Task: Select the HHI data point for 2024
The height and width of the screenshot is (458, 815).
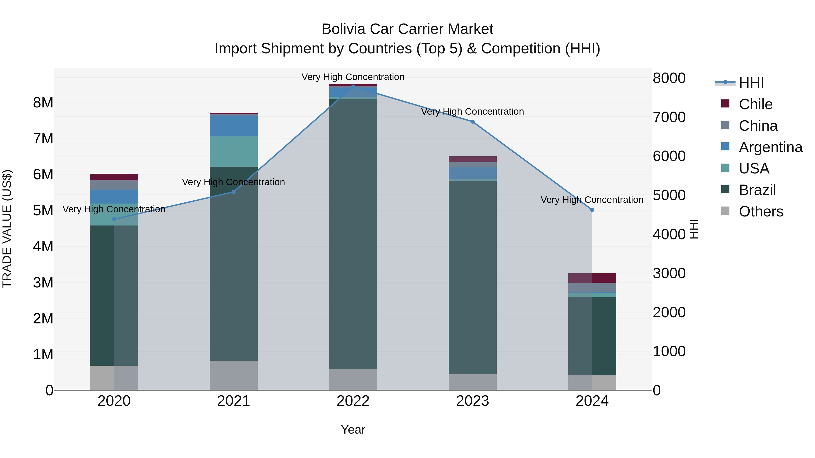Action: pyautogui.click(x=592, y=210)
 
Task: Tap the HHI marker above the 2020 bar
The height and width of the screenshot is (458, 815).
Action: pyautogui.click(x=114, y=219)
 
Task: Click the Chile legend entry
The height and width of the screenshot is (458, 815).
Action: pyautogui.click(x=755, y=104)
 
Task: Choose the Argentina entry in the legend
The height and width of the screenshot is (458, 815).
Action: pyautogui.click(x=770, y=147)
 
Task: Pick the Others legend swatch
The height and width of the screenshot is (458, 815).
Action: pyautogui.click(x=725, y=211)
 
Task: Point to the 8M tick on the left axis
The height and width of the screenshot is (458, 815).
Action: pyautogui.click(x=43, y=102)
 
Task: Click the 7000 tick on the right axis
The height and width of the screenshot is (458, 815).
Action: pyautogui.click(x=669, y=117)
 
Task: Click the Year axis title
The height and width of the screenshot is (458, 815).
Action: pyautogui.click(x=353, y=430)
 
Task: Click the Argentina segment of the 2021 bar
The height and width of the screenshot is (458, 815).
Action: pyautogui.click(x=233, y=126)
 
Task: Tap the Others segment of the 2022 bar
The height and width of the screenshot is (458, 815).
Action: pyautogui.click(x=353, y=379)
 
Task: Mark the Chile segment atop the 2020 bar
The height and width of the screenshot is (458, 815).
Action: pyautogui.click(x=114, y=177)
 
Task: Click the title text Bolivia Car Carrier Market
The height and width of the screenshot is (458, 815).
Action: pyautogui.click(x=407, y=29)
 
